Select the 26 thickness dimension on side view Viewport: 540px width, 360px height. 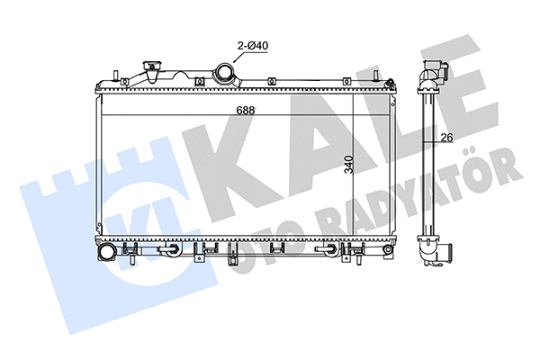click(445, 138)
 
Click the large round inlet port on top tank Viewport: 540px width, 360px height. click(224, 72)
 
